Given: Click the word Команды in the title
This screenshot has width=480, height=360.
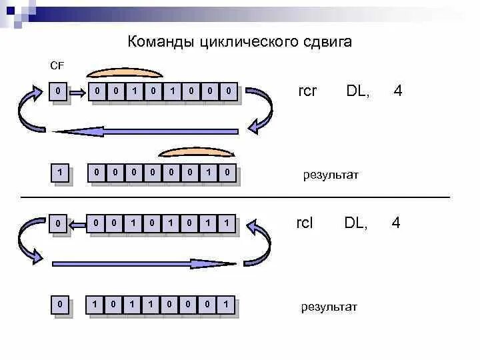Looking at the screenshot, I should click(159, 43).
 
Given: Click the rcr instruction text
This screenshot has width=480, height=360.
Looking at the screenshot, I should click(307, 91).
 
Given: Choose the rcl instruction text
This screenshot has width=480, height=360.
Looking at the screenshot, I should click(305, 223).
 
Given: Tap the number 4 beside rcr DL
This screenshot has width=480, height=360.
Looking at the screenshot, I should click(398, 91).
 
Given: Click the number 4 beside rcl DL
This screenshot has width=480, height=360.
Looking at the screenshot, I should click(396, 223).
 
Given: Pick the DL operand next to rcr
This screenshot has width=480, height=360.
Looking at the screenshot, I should click(358, 91).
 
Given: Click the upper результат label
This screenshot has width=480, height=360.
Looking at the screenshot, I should click(331, 175).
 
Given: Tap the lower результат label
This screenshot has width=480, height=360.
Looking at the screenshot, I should click(329, 307).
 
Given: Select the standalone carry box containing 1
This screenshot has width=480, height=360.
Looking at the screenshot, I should click(60, 173).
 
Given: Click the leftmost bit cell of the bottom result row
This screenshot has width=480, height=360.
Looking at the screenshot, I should click(96, 305).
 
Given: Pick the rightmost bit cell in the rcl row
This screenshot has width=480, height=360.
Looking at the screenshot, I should click(227, 223).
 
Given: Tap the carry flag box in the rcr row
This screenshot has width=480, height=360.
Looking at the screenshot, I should click(59, 91).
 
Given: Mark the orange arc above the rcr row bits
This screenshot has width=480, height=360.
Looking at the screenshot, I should click(125, 73).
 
